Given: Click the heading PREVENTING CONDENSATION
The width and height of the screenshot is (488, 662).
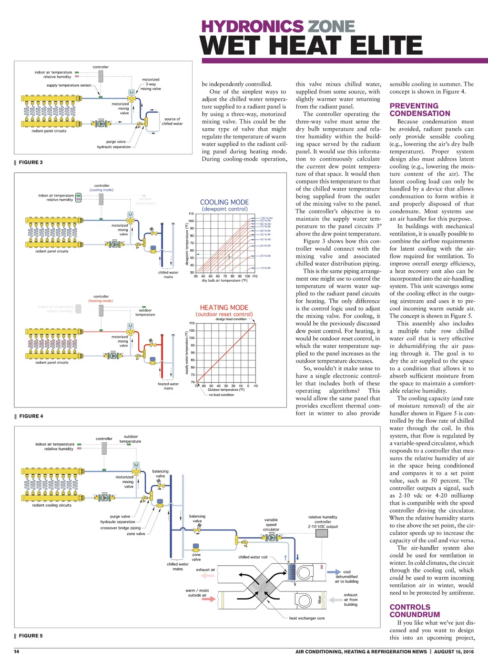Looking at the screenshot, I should coord(419,110).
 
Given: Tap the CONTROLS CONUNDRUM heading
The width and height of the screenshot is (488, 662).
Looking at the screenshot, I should coord(414,611).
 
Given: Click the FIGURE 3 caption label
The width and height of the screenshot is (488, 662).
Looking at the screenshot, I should coord(30,163).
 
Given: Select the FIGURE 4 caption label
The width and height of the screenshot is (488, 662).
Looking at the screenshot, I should coord(31,417).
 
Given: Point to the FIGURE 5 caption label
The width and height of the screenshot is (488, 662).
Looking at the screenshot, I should coord(31,636).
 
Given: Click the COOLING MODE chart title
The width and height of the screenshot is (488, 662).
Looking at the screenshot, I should coord(224,203).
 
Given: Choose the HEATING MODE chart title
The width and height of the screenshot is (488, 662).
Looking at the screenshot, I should coord(224,308).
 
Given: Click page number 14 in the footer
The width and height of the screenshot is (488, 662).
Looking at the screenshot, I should coord(17,652).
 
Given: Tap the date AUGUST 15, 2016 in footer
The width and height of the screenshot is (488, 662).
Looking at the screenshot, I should coord(454,652).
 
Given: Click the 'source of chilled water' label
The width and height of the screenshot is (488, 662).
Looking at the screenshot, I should coord(172,122).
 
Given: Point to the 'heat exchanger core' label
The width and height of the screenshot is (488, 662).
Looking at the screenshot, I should coord(306,618).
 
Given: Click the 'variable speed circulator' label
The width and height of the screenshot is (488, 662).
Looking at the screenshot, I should coord(271,524).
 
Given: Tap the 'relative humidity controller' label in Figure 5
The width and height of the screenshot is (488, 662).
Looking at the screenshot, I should coord(323,519).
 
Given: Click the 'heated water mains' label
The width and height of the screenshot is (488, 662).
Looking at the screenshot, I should coord(168,386).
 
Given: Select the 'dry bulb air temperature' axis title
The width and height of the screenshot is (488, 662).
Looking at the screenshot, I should coord(224,281).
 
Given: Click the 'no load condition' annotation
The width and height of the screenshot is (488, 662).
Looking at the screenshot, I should coord(222,395).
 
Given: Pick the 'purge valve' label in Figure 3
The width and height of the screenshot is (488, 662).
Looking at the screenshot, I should coord(116,142).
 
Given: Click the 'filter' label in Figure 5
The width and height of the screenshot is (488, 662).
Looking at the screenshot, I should coord(320,600).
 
